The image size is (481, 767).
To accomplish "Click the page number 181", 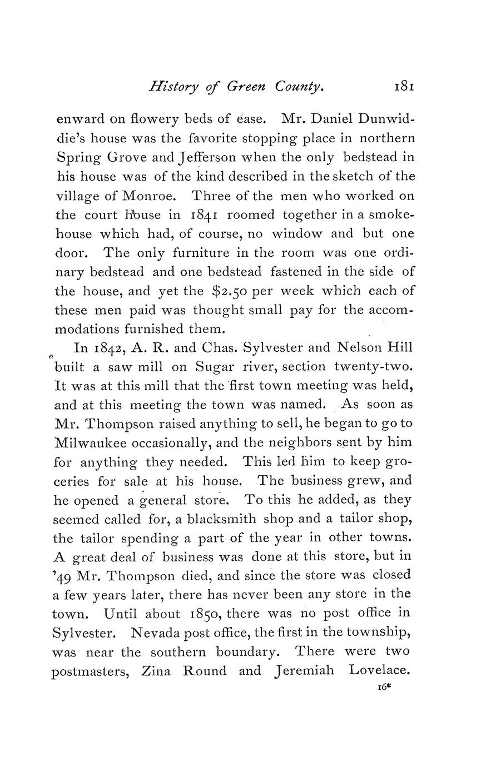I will pos(404,87).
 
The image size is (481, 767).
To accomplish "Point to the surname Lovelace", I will pos(382,671).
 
